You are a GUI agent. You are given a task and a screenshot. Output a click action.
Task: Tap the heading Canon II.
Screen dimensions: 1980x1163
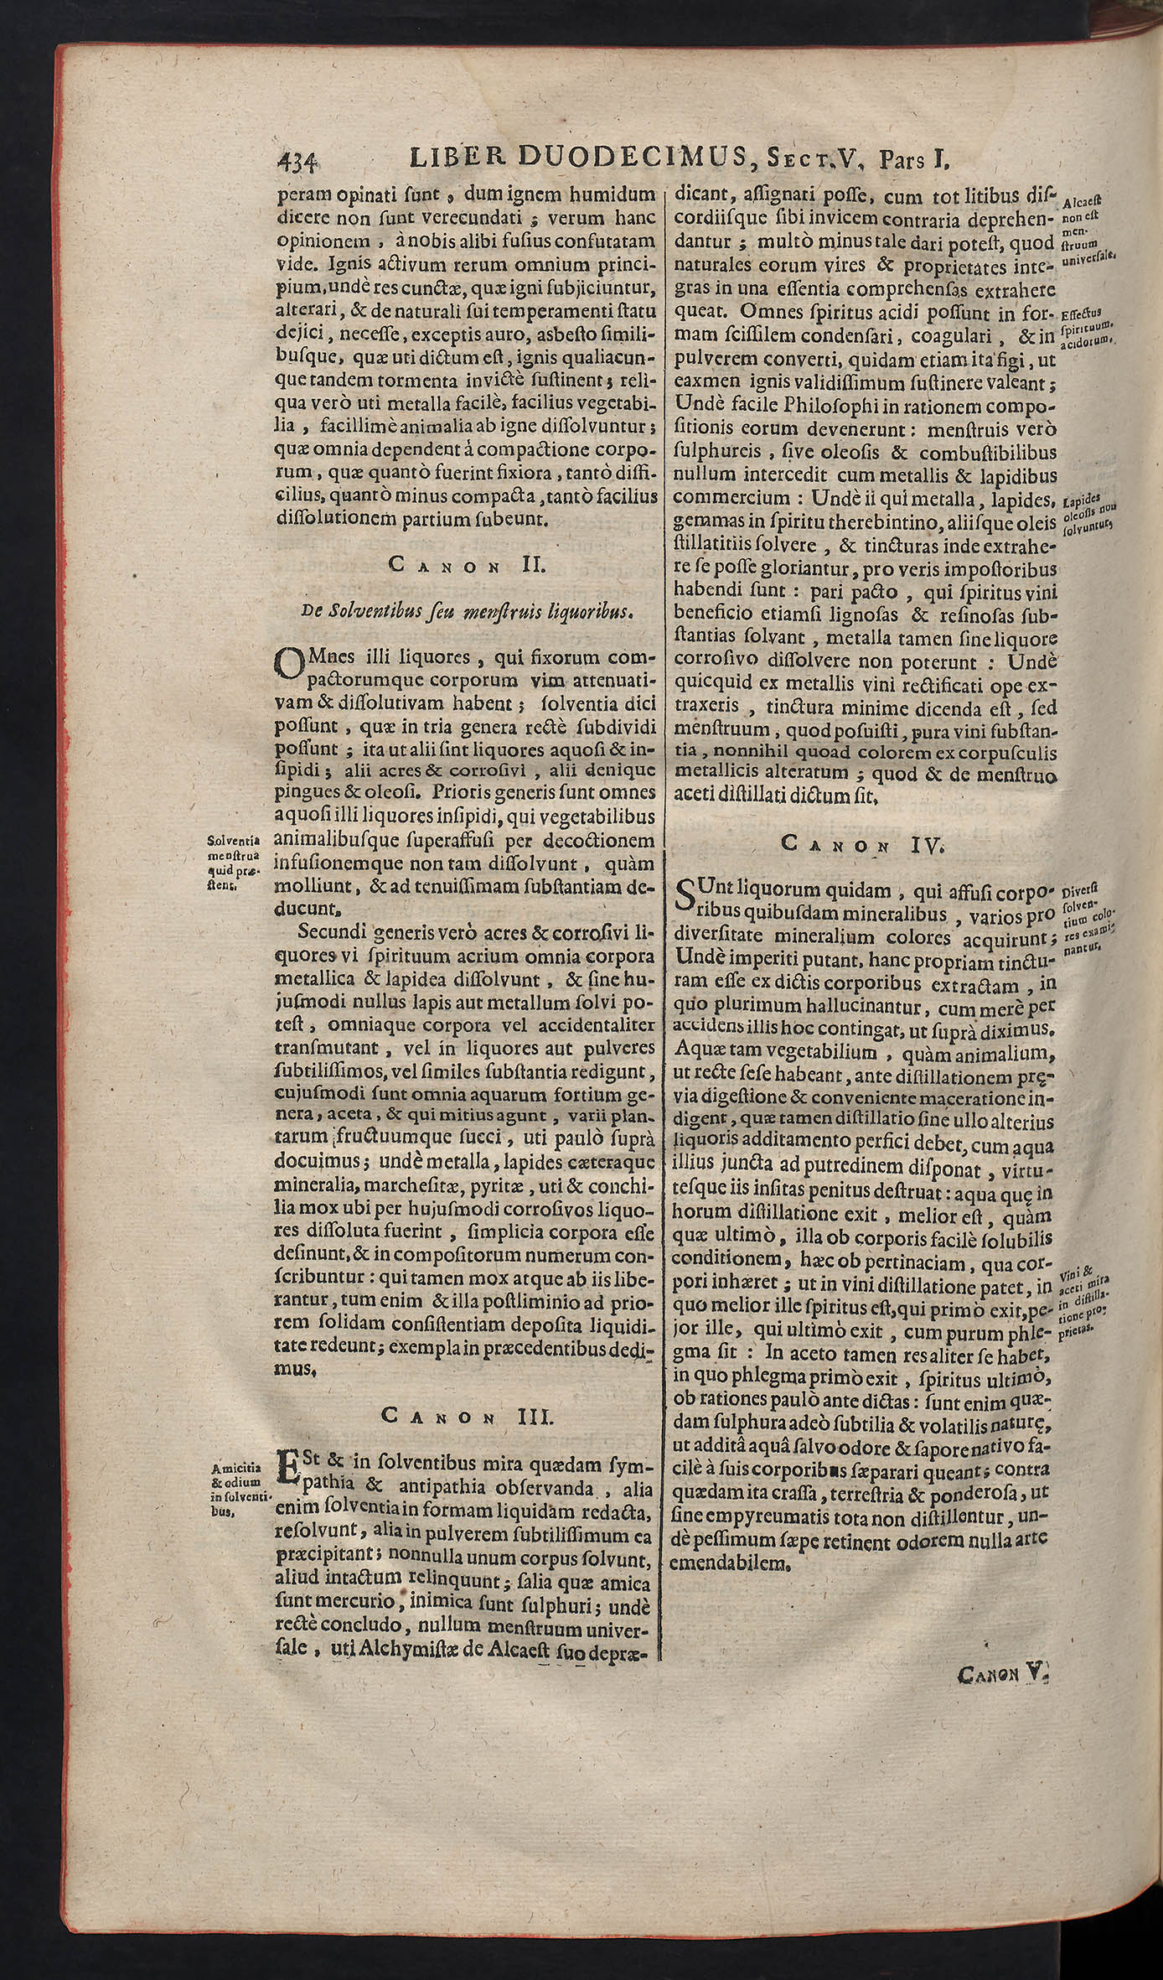(x=468, y=565)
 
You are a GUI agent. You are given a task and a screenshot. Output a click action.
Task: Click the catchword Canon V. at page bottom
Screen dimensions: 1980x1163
(x=1003, y=1926)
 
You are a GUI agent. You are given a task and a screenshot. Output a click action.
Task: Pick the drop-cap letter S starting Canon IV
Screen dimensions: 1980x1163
(x=686, y=898)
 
